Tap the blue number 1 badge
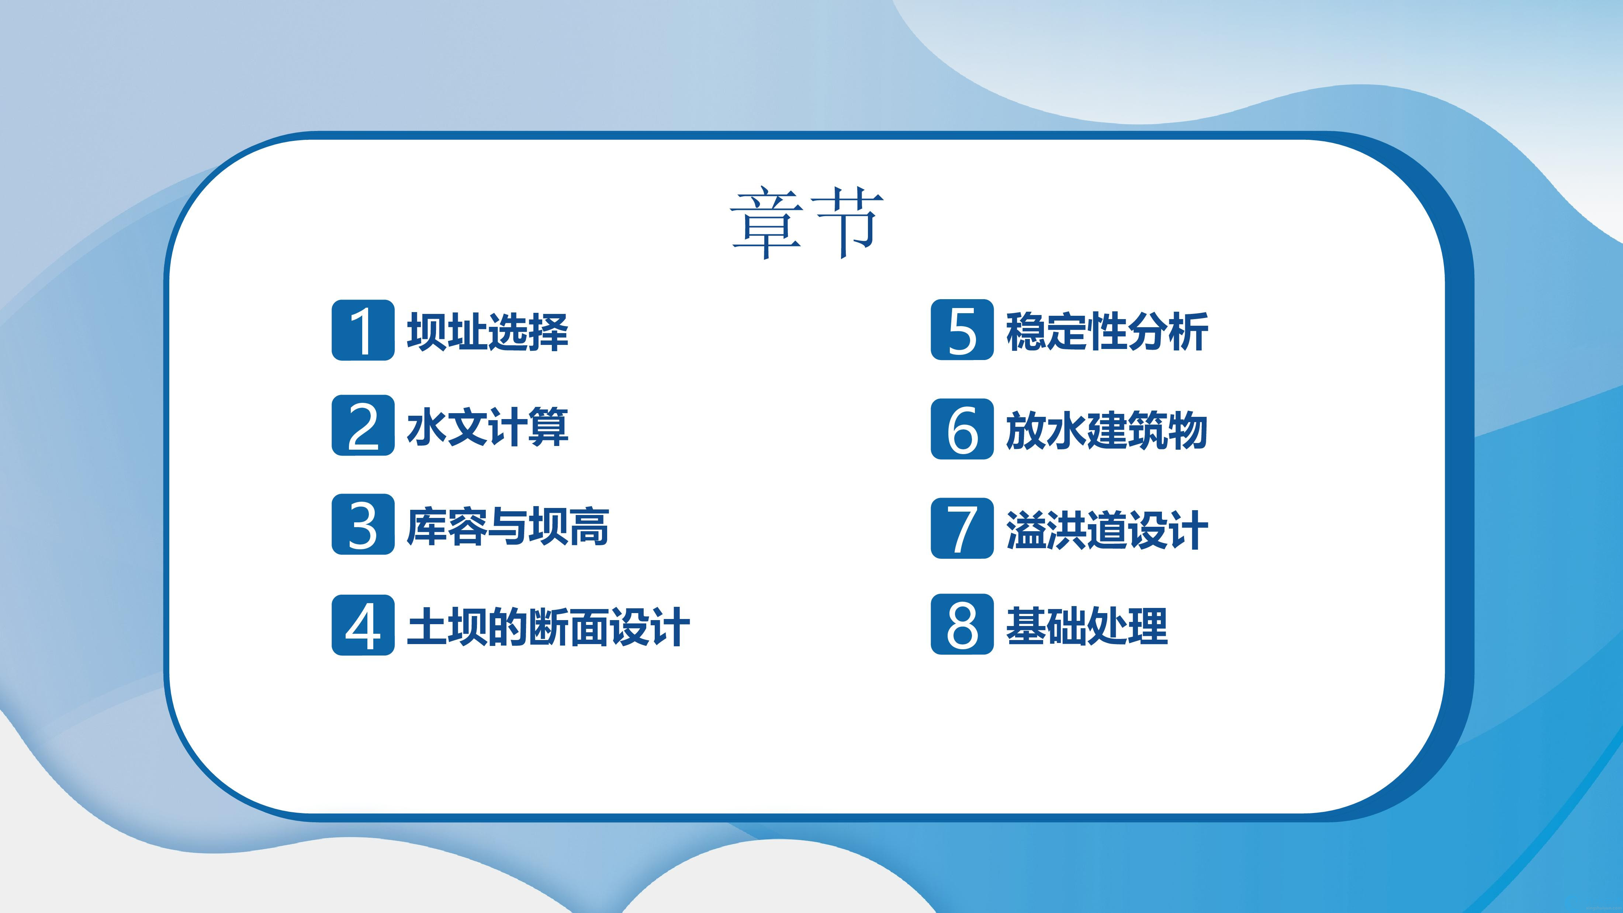coord(363,330)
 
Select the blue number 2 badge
coord(363,425)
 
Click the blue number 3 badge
coord(363,524)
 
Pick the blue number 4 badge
coord(363,625)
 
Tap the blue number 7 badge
coord(962,528)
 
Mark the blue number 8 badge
coord(962,625)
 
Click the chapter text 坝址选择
coord(488,331)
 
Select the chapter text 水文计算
coord(488,426)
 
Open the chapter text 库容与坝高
coord(508,526)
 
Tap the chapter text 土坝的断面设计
coord(548,626)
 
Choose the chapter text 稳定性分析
coord(1107,331)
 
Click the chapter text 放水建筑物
coord(1107,430)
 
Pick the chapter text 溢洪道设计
coord(1107,529)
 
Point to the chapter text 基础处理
coord(1087,626)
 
